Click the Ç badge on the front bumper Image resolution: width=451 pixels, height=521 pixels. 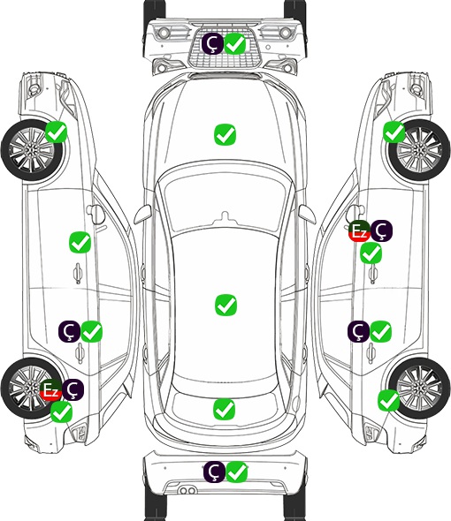(x=212, y=43)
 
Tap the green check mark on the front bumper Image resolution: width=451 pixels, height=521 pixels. (x=235, y=43)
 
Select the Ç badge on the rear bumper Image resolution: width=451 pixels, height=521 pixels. (x=214, y=472)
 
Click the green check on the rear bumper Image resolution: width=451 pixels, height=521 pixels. (x=237, y=472)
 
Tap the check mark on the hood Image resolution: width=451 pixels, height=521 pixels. (x=225, y=134)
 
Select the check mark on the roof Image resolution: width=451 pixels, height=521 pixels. (x=225, y=305)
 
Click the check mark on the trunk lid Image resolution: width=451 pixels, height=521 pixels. (x=224, y=410)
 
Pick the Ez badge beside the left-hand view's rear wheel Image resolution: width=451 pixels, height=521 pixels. (x=50, y=389)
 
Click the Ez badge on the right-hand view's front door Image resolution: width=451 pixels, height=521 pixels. (x=359, y=231)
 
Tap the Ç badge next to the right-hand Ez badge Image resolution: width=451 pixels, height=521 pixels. (x=382, y=231)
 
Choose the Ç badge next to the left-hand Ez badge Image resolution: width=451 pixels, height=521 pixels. (x=73, y=389)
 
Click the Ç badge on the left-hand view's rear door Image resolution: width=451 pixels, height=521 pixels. (x=69, y=332)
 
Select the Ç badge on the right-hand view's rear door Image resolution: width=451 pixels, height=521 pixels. (x=358, y=331)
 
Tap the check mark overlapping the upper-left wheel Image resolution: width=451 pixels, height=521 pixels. (x=56, y=132)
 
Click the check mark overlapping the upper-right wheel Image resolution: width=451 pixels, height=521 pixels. (x=394, y=132)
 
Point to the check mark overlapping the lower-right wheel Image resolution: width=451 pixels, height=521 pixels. (x=388, y=400)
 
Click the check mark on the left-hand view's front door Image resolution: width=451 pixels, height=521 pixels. (x=80, y=242)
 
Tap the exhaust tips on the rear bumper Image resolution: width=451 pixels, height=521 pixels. (x=187, y=490)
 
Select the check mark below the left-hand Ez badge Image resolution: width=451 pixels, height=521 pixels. (x=61, y=412)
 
